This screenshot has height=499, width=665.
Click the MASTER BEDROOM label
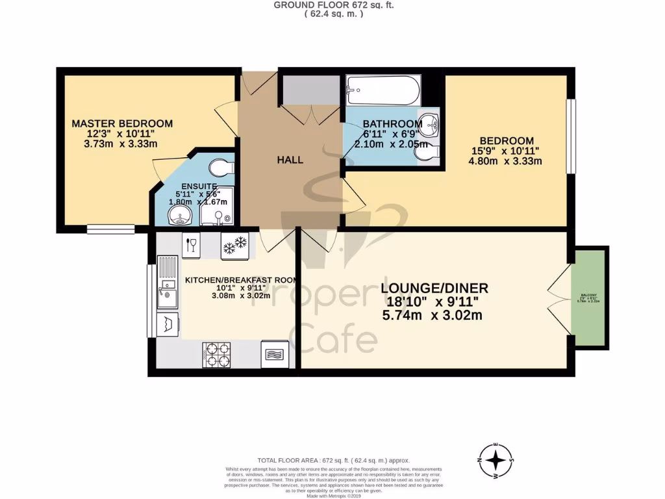(x=122, y=123)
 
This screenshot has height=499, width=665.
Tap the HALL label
(x=290, y=160)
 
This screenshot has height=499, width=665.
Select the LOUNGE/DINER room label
(x=434, y=288)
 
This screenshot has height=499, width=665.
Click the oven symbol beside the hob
(x=273, y=355)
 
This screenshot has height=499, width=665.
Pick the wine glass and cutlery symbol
(x=191, y=245)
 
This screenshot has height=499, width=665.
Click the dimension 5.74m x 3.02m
(x=432, y=316)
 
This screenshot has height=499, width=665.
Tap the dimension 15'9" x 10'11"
(x=507, y=151)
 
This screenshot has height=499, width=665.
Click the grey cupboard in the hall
(x=310, y=90)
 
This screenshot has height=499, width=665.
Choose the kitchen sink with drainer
(x=166, y=292)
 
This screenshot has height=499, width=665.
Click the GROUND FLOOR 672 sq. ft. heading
(x=333, y=5)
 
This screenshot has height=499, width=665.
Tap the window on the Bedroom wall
(x=570, y=136)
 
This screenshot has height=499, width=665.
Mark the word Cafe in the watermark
(x=333, y=338)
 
